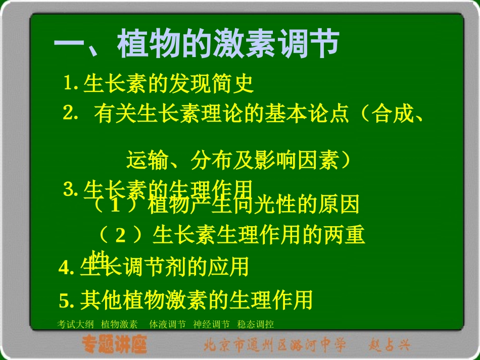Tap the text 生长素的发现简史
(169, 84)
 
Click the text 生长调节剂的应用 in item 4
(164, 267)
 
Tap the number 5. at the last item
(67, 300)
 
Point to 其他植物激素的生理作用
(197, 300)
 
